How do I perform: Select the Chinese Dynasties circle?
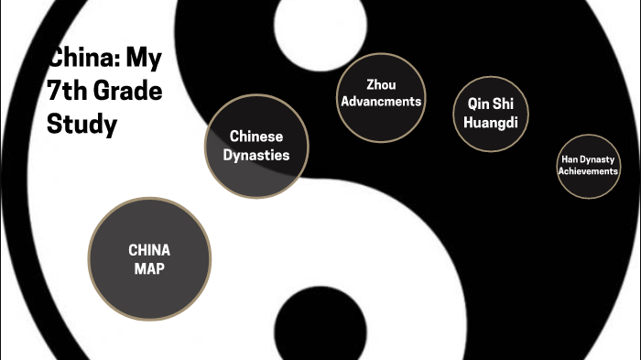(x=255, y=146)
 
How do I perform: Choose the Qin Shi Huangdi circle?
(x=492, y=112)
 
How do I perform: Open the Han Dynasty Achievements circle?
(x=589, y=165)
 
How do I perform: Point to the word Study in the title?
(x=81, y=124)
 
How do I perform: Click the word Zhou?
(x=381, y=85)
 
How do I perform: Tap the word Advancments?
(x=381, y=101)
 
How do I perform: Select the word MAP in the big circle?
(x=149, y=267)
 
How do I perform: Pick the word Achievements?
(x=589, y=170)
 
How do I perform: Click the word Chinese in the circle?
(x=255, y=137)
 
